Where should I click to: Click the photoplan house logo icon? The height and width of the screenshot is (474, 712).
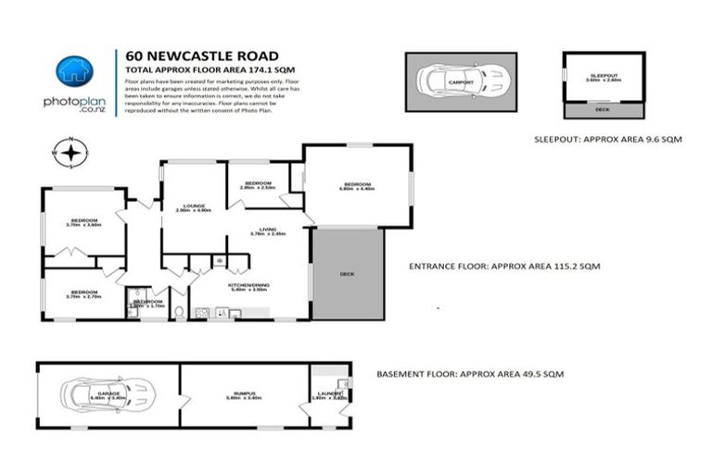point(74,70)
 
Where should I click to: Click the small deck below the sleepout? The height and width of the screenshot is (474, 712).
point(604,109)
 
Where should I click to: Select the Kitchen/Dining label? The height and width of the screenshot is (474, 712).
point(248,285)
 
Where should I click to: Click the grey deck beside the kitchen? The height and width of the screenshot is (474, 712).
point(348,273)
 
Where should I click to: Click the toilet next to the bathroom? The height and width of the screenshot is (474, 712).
point(179,311)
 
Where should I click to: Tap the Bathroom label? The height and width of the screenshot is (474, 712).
point(147,302)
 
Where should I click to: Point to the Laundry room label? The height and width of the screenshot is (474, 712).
point(331,395)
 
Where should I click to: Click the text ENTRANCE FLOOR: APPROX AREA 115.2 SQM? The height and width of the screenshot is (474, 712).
point(504,266)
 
